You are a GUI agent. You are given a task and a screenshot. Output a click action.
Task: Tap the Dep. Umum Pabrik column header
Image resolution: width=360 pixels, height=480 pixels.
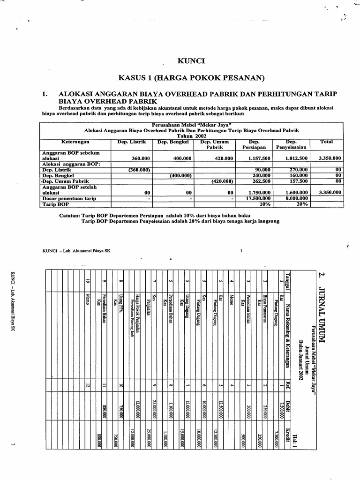(214, 144)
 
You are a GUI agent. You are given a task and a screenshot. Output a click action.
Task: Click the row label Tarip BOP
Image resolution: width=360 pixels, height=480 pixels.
(56, 204)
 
